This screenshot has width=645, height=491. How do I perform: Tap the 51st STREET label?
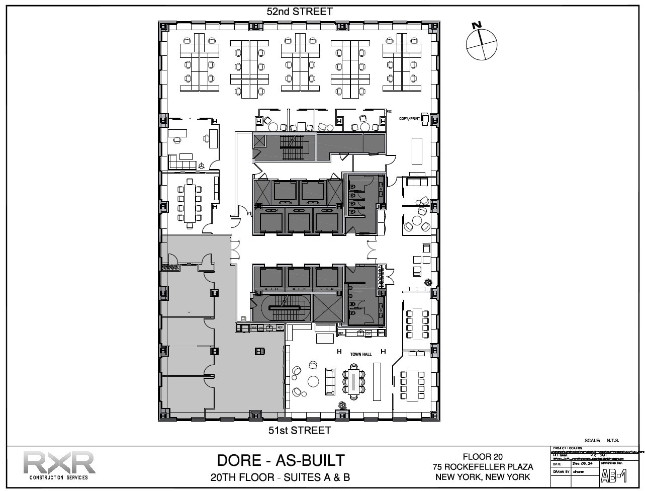[299, 430]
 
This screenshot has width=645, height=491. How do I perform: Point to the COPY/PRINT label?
[409, 119]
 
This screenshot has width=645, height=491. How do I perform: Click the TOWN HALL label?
[360, 355]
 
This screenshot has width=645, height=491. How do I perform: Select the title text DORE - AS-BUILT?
[281, 460]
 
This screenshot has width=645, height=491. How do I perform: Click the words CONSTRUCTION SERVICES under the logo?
[59, 477]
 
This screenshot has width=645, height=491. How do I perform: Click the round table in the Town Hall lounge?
[314, 381]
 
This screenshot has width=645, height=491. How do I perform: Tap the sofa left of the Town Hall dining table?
[330, 381]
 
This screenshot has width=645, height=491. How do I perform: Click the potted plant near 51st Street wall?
[342, 405]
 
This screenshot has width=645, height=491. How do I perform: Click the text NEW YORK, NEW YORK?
[483, 477]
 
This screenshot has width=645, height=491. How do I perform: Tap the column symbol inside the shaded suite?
[260, 351]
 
